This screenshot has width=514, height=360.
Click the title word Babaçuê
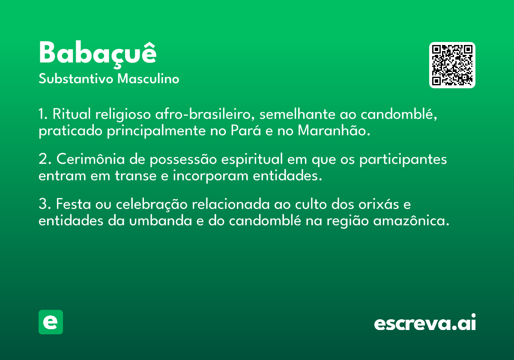[x=98, y=54]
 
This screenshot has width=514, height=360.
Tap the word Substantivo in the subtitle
[x=76, y=78]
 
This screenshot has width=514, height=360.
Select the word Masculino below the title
[x=148, y=78]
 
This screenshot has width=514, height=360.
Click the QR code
[x=452, y=65]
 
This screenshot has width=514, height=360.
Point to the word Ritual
[x=72, y=114]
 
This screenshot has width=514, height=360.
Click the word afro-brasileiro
[x=205, y=114]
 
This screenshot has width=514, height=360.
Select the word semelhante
[x=297, y=114]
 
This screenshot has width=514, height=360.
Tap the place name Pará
[x=246, y=130]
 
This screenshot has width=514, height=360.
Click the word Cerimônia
[x=91, y=159]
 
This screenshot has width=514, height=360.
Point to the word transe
[x=136, y=176]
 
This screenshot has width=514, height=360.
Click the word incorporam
[x=211, y=176]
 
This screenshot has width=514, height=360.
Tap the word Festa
[x=73, y=204]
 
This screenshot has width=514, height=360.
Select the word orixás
[x=379, y=204]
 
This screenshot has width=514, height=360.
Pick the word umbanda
[x=161, y=220]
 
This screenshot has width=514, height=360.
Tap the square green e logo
[x=51, y=322]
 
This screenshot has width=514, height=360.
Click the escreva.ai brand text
[x=425, y=322]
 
